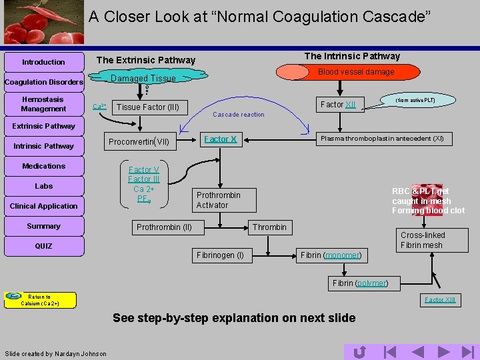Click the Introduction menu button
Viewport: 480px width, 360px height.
(44, 62)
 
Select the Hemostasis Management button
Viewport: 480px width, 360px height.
(44, 104)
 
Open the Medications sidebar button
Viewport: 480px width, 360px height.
(44, 166)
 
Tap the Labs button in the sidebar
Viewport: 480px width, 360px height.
(44, 186)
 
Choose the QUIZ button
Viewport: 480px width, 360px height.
(44, 246)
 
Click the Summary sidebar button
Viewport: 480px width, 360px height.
(44, 226)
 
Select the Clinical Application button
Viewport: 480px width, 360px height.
(44, 206)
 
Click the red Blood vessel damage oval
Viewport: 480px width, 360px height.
(355, 72)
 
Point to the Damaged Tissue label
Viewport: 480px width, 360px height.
(143, 79)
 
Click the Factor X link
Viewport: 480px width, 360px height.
(220, 139)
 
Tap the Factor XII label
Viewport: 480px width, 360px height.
(338, 105)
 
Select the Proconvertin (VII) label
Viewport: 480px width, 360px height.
(140, 141)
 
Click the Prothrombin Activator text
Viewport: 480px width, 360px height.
(218, 200)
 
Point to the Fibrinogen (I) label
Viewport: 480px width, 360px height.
(221, 255)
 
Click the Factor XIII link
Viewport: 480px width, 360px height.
(440, 300)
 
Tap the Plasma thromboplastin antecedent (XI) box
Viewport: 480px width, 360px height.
(382, 139)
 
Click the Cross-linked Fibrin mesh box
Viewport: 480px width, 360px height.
(423, 240)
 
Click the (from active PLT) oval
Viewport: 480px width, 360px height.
(415, 100)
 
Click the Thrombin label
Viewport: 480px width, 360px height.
(269, 227)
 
